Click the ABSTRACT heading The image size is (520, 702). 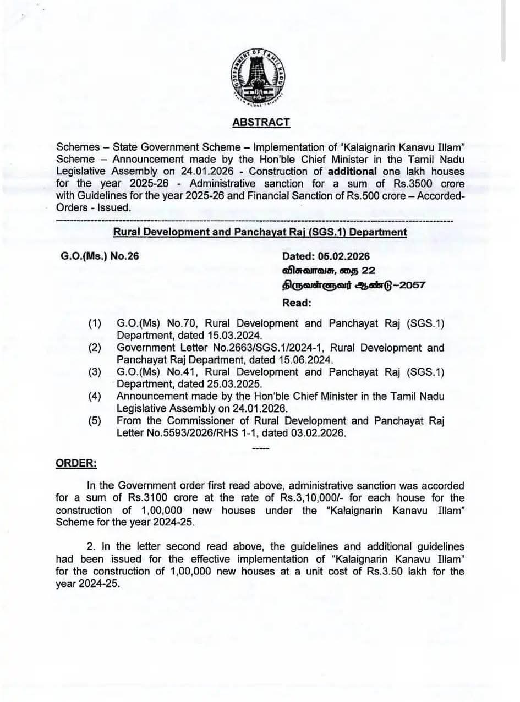pyautogui.click(x=261, y=122)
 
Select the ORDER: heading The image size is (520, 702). pyautogui.click(x=76, y=463)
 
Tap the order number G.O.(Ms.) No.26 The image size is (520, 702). pyautogui.click(x=102, y=256)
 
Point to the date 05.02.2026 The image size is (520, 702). pyautogui.click(x=343, y=256)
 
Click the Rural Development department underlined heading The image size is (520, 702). pyautogui.click(x=260, y=232)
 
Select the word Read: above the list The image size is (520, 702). pyautogui.click(x=297, y=303)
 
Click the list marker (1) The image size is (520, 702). pyautogui.click(x=95, y=323)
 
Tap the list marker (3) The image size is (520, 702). pyautogui.click(x=95, y=372)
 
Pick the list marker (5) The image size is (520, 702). pyautogui.click(x=95, y=421)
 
